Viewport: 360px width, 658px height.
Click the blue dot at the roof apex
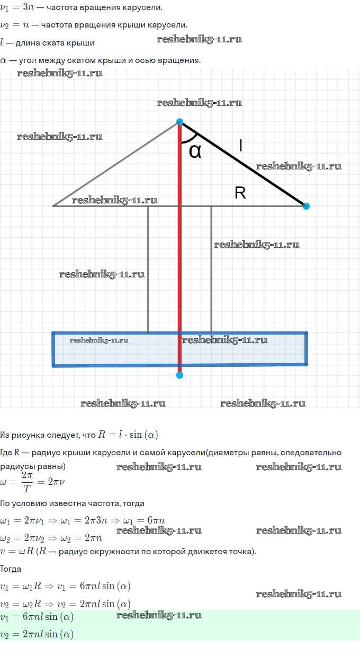(179, 122)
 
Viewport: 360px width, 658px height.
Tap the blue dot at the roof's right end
(306, 206)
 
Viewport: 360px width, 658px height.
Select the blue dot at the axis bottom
(179, 375)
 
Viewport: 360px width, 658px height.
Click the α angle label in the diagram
(195, 151)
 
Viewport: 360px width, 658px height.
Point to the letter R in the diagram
(240, 193)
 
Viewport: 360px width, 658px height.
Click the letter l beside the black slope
(241, 146)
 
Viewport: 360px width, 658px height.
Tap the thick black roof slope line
(243, 164)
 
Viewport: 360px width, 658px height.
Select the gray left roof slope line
(116, 164)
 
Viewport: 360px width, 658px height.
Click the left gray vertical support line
(148, 269)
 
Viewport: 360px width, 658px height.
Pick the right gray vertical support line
(211, 269)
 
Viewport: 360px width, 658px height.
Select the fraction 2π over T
(27, 482)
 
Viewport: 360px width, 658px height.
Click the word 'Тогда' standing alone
(11, 569)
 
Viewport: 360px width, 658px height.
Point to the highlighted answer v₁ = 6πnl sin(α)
(37, 617)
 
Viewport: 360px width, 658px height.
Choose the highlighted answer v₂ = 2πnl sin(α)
(37, 634)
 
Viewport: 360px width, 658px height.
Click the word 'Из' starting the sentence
(5, 435)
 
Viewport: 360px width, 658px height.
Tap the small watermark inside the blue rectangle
(99, 340)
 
